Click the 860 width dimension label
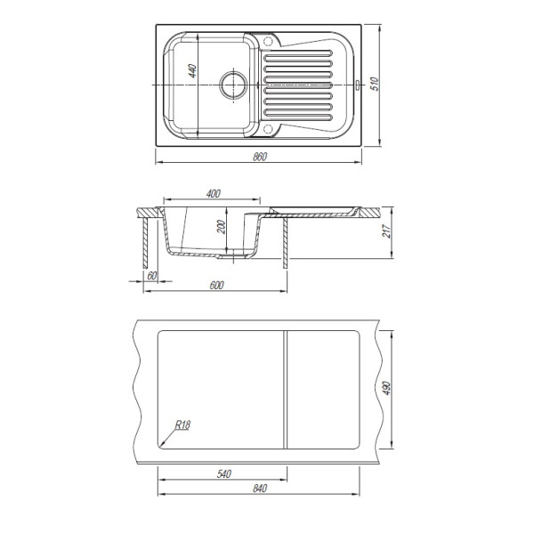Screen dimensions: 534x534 (x=260, y=157)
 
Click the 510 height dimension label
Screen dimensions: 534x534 (x=375, y=84)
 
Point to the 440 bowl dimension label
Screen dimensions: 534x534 (x=193, y=71)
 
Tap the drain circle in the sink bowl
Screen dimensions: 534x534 (x=233, y=85)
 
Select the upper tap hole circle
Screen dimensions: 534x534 (x=269, y=41)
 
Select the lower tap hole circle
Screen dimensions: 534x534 (x=269, y=129)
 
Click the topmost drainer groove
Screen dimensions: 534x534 (x=298, y=53)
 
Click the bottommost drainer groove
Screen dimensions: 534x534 (x=298, y=117)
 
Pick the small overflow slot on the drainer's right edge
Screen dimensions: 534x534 (x=358, y=85)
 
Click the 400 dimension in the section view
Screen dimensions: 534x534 (x=214, y=194)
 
